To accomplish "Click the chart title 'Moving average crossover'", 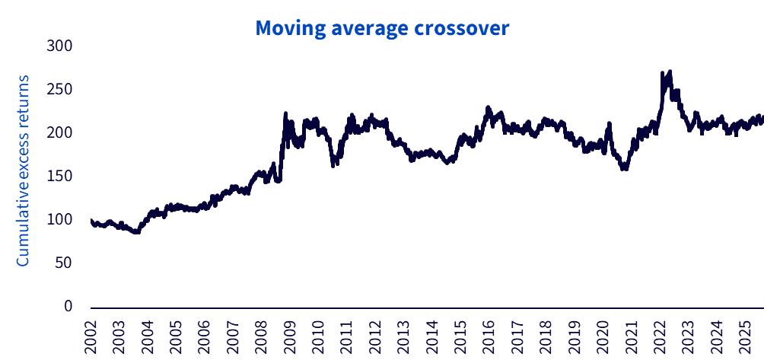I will [381, 28].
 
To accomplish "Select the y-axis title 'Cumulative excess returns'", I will [23, 170].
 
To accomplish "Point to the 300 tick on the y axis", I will [59, 46].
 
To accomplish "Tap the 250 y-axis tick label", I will [59, 90].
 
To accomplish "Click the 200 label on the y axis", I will [59, 133].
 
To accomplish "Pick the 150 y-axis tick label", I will [59, 177].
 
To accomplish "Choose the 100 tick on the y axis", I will [59, 220].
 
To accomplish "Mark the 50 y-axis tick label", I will [63, 263].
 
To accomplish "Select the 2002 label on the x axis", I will [91, 336].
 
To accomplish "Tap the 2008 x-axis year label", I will [262, 336].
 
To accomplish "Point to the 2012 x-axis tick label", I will [375, 336].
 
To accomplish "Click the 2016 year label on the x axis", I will [489, 336].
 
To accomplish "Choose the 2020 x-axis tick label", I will [603, 336].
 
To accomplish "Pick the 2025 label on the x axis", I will [744, 336].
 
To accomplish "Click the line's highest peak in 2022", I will [669, 72].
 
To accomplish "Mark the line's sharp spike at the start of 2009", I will [285, 113].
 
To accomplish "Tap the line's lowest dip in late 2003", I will [136, 232].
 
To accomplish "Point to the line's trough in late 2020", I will [624, 168].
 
